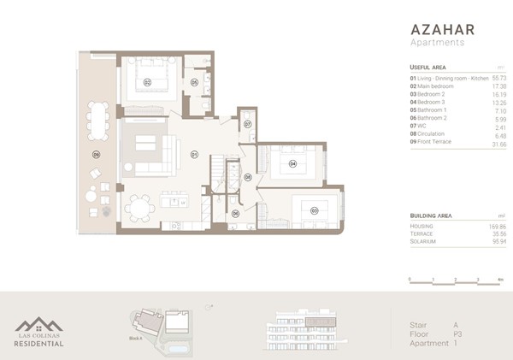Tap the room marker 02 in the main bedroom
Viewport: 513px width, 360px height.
(147, 82)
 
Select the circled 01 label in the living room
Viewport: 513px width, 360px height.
(194, 155)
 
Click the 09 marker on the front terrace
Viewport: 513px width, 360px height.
(97, 155)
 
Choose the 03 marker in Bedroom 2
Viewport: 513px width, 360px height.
(314, 210)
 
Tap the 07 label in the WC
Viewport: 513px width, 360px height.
(247, 124)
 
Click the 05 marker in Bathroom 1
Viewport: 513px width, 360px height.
(194, 82)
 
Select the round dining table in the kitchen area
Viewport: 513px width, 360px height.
(140, 207)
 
